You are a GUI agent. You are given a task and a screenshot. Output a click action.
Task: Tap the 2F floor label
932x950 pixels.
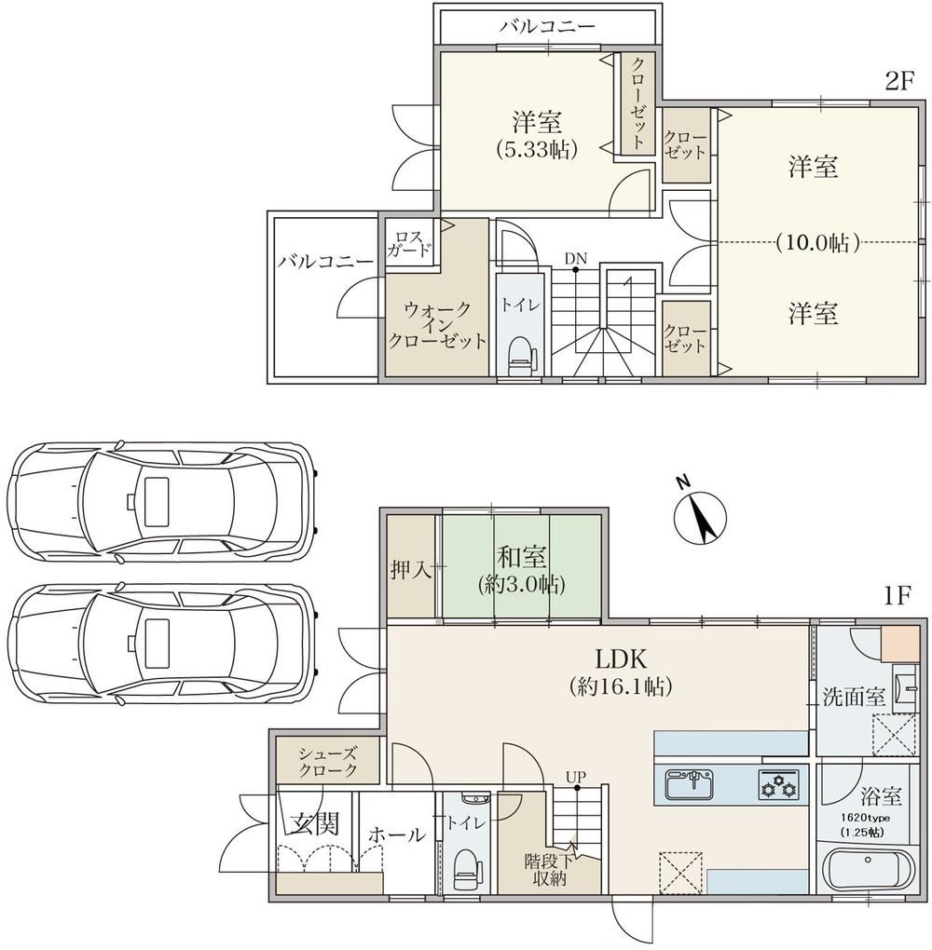point(898,81)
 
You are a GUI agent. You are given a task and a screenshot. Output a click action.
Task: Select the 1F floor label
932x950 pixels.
point(898,596)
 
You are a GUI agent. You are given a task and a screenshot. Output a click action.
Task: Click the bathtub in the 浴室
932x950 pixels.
point(868,870)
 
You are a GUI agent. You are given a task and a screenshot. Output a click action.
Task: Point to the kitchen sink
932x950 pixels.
point(690,785)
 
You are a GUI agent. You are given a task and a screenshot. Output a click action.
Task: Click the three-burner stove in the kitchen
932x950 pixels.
point(778,785)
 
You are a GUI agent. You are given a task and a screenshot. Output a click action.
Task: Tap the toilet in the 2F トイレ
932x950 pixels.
point(519,357)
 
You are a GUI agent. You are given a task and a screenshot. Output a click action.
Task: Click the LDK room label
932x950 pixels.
point(621,658)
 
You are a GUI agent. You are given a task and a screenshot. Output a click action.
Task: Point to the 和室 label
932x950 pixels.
point(522,556)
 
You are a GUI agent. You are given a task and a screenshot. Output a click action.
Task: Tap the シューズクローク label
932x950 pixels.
point(327,762)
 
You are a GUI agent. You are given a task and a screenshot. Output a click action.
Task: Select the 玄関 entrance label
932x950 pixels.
point(313,824)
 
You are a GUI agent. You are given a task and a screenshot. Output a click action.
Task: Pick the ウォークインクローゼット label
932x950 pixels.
point(436,325)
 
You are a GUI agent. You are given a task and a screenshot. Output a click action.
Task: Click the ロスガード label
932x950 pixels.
point(409,243)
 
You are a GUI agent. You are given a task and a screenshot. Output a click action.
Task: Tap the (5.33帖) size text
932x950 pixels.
point(535,149)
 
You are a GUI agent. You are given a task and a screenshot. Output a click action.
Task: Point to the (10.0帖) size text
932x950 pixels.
point(817,242)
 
